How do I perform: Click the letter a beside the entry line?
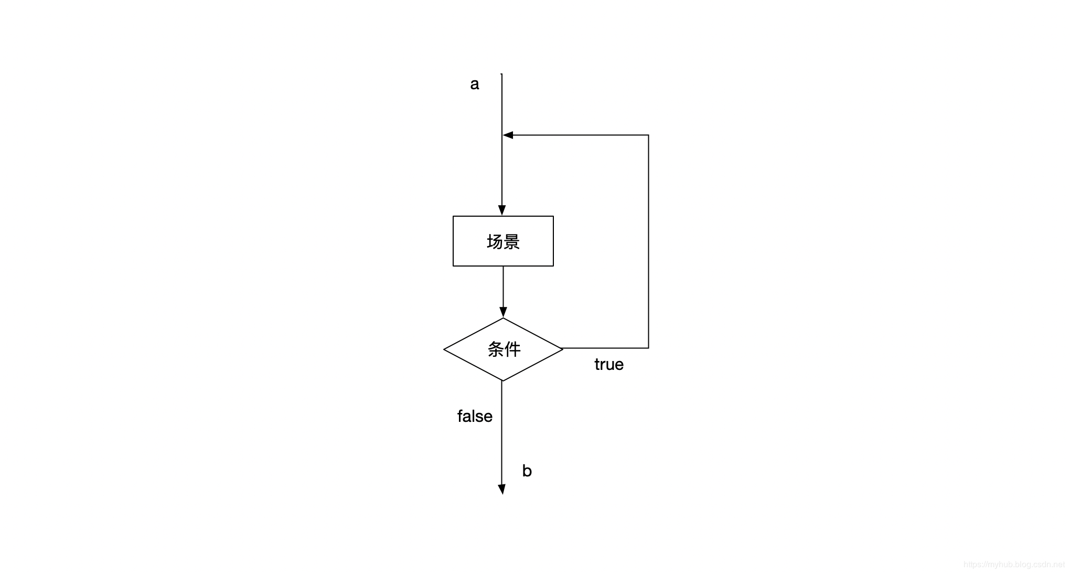pyautogui.click(x=474, y=84)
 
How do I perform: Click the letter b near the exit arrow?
pyautogui.click(x=527, y=471)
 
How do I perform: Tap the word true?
pyautogui.click(x=608, y=365)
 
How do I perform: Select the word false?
pyautogui.click(x=475, y=417)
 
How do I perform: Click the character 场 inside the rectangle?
pyautogui.click(x=495, y=242)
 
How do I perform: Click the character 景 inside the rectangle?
pyautogui.click(x=511, y=242)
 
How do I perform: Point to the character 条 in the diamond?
pyautogui.click(x=496, y=349)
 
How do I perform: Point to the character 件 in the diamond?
pyautogui.click(x=512, y=349)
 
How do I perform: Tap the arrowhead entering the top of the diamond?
pyautogui.click(x=503, y=313)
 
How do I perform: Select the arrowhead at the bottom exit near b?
pyautogui.click(x=502, y=490)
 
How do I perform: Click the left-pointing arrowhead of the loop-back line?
pyautogui.click(x=508, y=135)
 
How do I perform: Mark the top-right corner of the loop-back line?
pyautogui.click(x=649, y=135)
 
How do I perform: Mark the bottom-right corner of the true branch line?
pyautogui.click(x=649, y=348)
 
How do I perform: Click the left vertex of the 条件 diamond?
pyautogui.click(x=444, y=349)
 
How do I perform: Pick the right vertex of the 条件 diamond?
pyautogui.click(x=563, y=348)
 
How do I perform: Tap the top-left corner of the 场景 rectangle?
pyautogui.click(x=453, y=216)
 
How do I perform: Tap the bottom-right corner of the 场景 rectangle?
pyautogui.click(x=553, y=266)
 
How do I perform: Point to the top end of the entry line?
pyautogui.click(x=502, y=75)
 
